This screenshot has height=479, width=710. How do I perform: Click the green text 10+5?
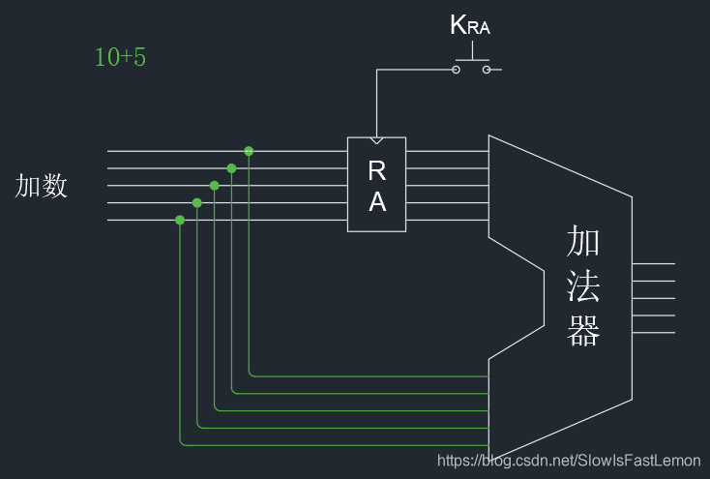[120, 57]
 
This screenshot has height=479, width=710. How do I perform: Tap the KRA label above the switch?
[470, 26]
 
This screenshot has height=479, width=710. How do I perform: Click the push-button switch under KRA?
[471, 67]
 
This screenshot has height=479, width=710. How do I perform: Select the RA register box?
[376, 185]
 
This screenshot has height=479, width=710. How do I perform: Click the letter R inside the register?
[377, 170]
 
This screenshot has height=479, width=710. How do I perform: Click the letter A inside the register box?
[377, 202]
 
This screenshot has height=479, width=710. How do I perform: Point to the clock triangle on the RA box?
[376, 140]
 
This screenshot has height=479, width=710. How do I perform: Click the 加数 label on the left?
[42, 186]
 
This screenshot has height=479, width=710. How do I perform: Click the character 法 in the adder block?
[584, 286]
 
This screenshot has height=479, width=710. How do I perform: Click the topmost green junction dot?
[249, 151]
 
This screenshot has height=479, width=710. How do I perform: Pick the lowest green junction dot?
[180, 221]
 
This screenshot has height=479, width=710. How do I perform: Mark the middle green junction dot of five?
[215, 186]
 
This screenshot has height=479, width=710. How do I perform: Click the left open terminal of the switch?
[456, 70]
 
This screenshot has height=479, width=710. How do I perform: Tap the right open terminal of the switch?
[487, 70]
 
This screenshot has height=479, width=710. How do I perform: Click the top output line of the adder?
[653, 264]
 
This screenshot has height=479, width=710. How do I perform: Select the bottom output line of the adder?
[653, 333]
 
